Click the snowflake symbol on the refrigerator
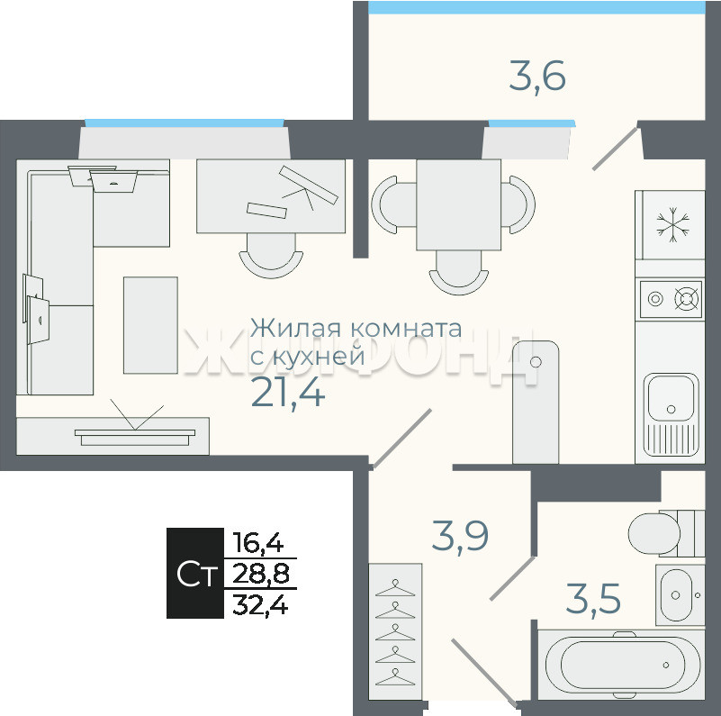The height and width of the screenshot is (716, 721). click(672, 225)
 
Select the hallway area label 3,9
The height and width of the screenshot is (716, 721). click(460, 535)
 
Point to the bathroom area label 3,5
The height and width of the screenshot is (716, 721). click(593, 598)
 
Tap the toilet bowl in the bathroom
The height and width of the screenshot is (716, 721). click(654, 533)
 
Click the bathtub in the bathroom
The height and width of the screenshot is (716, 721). click(621, 666)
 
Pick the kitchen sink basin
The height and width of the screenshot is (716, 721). click(671, 397)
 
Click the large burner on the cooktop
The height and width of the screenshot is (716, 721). click(687, 299)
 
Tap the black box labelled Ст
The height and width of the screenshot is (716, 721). click(195, 573)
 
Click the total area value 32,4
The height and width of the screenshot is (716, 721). click(260, 604)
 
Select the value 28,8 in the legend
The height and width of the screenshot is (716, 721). click(261, 574)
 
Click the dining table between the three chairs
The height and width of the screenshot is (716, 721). click(458, 204)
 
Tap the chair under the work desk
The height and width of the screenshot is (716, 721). click(271, 256)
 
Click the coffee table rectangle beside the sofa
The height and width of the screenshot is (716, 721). click(150, 325)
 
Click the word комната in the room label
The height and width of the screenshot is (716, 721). click(406, 329)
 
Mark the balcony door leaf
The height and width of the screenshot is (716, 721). click(616, 149)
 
